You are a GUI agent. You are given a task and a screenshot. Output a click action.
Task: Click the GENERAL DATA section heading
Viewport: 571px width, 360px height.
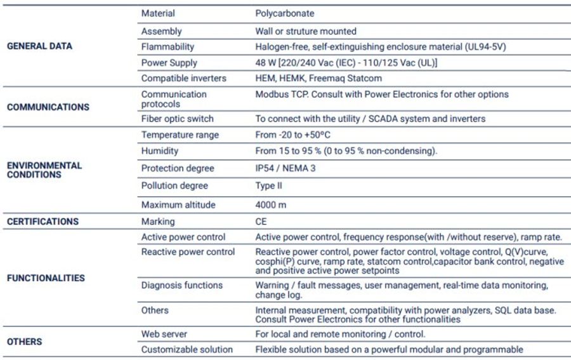point(39,46)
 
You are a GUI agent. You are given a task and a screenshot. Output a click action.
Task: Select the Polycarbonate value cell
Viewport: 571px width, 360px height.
point(284,13)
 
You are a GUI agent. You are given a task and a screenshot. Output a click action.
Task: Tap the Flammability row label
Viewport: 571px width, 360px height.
point(167,47)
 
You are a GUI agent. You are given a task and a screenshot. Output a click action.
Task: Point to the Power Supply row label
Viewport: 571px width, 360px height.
point(169,63)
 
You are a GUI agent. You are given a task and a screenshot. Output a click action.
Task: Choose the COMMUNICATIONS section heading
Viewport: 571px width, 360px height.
point(48,107)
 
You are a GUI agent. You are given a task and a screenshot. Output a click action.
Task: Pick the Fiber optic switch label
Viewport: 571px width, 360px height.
point(177,119)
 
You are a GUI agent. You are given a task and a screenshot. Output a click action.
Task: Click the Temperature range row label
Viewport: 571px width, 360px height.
point(180,135)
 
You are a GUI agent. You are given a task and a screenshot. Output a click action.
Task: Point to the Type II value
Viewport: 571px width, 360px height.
point(269,186)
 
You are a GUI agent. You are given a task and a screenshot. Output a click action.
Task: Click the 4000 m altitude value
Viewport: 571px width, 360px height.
point(271,205)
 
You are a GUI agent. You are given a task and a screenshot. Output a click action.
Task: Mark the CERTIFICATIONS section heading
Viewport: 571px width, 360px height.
point(43,222)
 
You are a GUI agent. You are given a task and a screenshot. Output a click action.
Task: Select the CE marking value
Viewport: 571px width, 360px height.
point(261,222)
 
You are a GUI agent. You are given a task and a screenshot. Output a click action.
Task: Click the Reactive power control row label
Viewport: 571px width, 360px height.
point(188,252)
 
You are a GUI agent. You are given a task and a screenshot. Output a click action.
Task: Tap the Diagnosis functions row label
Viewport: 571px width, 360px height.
point(181,286)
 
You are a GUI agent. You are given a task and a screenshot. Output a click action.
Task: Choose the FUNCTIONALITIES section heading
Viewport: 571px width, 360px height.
point(46,278)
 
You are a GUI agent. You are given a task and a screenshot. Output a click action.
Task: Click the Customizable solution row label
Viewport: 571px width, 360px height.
point(187,350)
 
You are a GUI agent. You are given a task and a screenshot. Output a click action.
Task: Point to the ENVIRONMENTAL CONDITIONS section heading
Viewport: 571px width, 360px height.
point(44,170)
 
